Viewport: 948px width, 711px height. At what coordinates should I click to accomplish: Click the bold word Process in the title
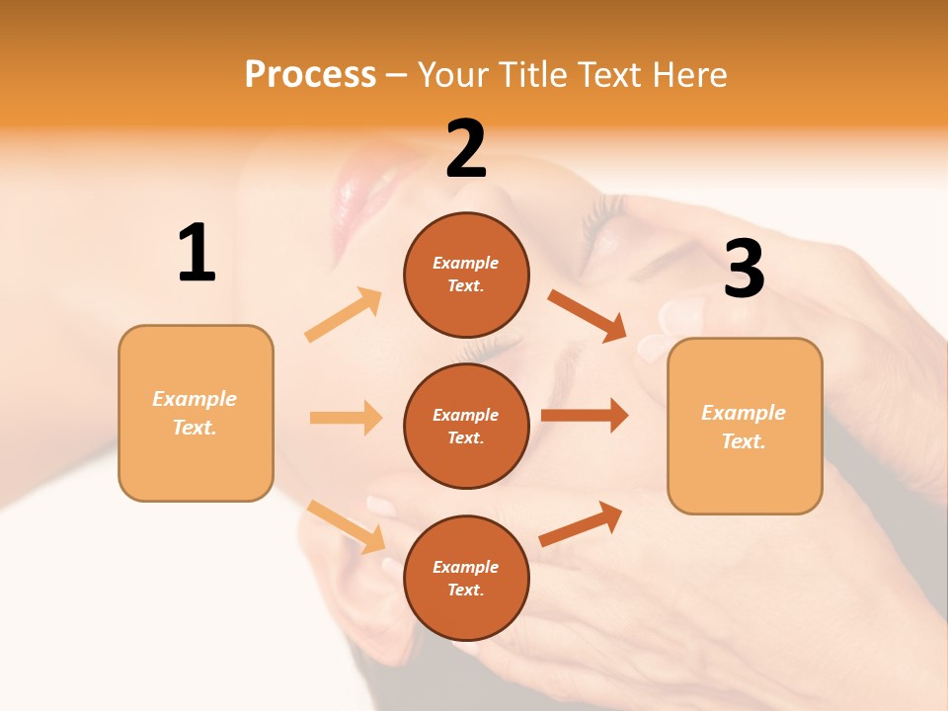pyautogui.click(x=310, y=74)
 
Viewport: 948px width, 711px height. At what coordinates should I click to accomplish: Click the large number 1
pyautogui.click(x=197, y=254)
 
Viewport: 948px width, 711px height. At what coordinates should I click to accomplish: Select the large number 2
pyautogui.click(x=466, y=149)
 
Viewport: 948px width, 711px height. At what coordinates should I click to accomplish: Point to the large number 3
pyautogui.click(x=744, y=270)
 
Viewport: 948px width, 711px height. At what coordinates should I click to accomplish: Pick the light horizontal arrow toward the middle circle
pyautogui.click(x=346, y=418)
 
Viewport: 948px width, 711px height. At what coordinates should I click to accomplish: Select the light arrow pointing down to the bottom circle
pyautogui.click(x=347, y=526)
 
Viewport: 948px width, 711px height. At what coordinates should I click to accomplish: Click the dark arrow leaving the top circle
pyautogui.click(x=588, y=315)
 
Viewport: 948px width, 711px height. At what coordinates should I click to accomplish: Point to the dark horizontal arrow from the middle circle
pyautogui.click(x=585, y=416)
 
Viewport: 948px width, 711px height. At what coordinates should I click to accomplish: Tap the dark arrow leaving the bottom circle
pyautogui.click(x=582, y=524)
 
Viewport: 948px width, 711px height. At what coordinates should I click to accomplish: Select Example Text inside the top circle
pyautogui.click(x=466, y=275)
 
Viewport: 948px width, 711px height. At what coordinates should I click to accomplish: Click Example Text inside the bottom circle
pyautogui.click(x=466, y=579)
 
